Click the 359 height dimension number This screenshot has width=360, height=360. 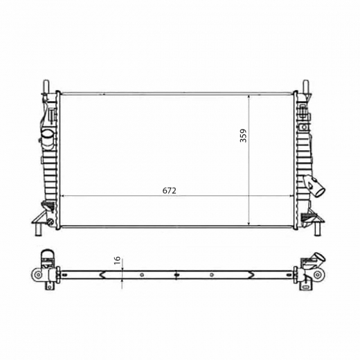click(x=243, y=136)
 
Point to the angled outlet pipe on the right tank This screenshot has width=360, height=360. click(x=315, y=186)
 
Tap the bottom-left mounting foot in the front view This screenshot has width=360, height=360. click(x=40, y=226)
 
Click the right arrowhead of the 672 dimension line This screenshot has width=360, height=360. click(x=294, y=197)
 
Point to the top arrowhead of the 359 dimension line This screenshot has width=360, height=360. click(x=249, y=94)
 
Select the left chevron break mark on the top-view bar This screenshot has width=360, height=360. click(x=102, y=274)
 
